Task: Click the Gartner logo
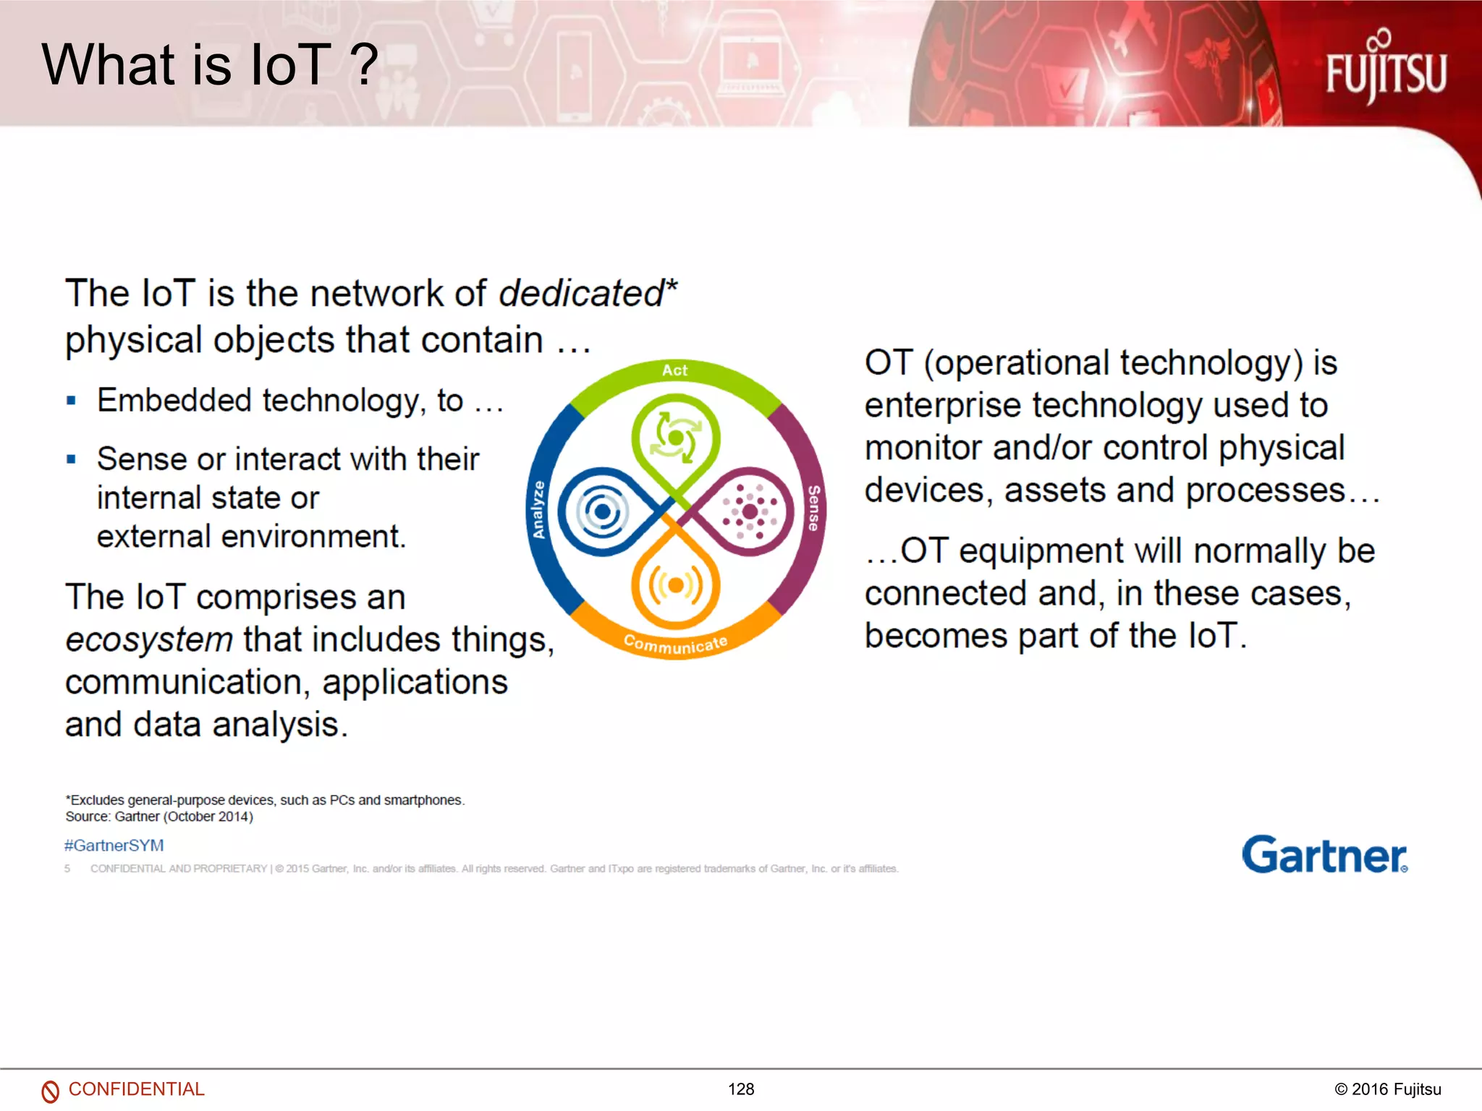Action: coord(1324,855)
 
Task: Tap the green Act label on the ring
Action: coord(674,370)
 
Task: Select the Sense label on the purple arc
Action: coord(813,508)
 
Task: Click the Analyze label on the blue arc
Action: coord(538,509)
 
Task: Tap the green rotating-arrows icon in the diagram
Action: coord(675,437)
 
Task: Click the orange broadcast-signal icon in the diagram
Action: coord(675,585)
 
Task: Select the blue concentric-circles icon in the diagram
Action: coord(601,512)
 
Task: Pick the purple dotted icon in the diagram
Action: coord(750,511)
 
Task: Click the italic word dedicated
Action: coord(581,294)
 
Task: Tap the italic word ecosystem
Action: coord(149,639)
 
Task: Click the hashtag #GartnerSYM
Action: coord(114,845)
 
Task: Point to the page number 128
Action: coord(741,1089)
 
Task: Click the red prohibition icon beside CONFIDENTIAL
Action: coord(50,1091)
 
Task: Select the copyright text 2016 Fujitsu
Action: coord(1388,1089)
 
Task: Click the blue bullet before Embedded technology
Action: coord(71,401)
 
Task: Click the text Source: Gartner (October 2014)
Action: coord(159,817)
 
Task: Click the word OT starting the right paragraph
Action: coord(889,362)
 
